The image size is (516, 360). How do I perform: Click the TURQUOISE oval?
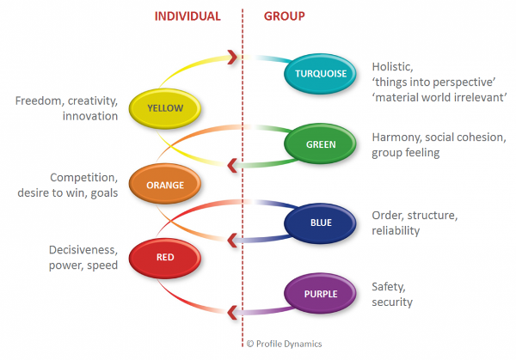pyautogui.click(x=319, y=74)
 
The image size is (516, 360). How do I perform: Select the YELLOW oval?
pyautogui.click(x=165, y=108)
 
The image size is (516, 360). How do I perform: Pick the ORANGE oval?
pyautogui.click(x=165, y=182)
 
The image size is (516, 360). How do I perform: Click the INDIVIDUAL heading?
pyautogui.click(x=187, y=16)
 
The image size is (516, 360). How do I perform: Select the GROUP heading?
pyautogui.click(x=284, y=16)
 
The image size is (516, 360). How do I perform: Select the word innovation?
pyautogui.click(x=89, y=116)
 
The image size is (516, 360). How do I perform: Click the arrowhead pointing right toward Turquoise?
pyautogui.click(x=233, y=58)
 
